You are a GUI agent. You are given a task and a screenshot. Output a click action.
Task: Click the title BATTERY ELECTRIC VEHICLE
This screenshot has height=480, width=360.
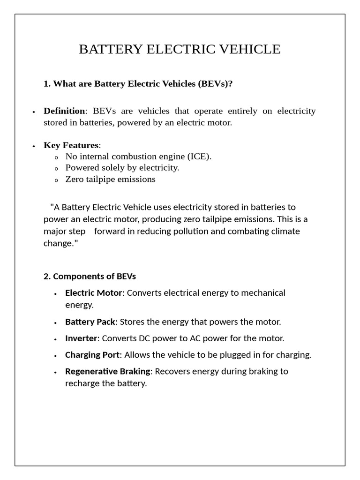[x=180, y=49]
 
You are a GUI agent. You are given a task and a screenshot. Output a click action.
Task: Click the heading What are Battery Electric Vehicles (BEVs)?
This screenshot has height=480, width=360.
[x=138, y=84]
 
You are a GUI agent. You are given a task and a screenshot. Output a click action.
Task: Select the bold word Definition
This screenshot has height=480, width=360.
[x=64, y=111]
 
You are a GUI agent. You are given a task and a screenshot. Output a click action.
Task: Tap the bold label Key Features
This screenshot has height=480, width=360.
[x=71, y=145]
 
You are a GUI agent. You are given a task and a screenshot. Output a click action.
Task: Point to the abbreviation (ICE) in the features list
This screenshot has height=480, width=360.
[x=195, y=157]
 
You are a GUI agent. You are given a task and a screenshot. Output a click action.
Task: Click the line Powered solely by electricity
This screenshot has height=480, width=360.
[x=122, y=168]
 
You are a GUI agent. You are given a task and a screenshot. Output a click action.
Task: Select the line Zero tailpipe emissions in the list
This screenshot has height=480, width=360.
[x=110, y=179]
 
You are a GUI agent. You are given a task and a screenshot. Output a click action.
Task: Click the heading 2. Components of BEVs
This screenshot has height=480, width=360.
[x=90, y=276]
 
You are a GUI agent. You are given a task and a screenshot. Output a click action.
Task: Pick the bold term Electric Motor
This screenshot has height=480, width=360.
[x=94, y=293]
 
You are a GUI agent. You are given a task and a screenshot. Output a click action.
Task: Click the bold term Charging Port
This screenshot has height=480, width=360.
[x=92, y=355]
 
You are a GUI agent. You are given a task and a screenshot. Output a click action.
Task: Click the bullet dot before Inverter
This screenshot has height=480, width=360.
[x=55, y=339]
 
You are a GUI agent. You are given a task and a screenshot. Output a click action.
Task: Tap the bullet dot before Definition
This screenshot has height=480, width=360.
[x=34, y=112]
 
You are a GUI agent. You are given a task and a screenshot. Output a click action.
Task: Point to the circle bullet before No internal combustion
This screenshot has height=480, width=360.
[x=56, y=157]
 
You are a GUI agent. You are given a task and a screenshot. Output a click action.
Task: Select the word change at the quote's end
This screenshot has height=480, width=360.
[x=57, y=244]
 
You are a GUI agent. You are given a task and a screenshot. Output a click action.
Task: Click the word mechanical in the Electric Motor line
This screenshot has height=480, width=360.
[x=263, y=293]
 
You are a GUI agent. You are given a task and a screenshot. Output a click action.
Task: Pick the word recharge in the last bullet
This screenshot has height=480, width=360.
[x=81, y=383]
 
